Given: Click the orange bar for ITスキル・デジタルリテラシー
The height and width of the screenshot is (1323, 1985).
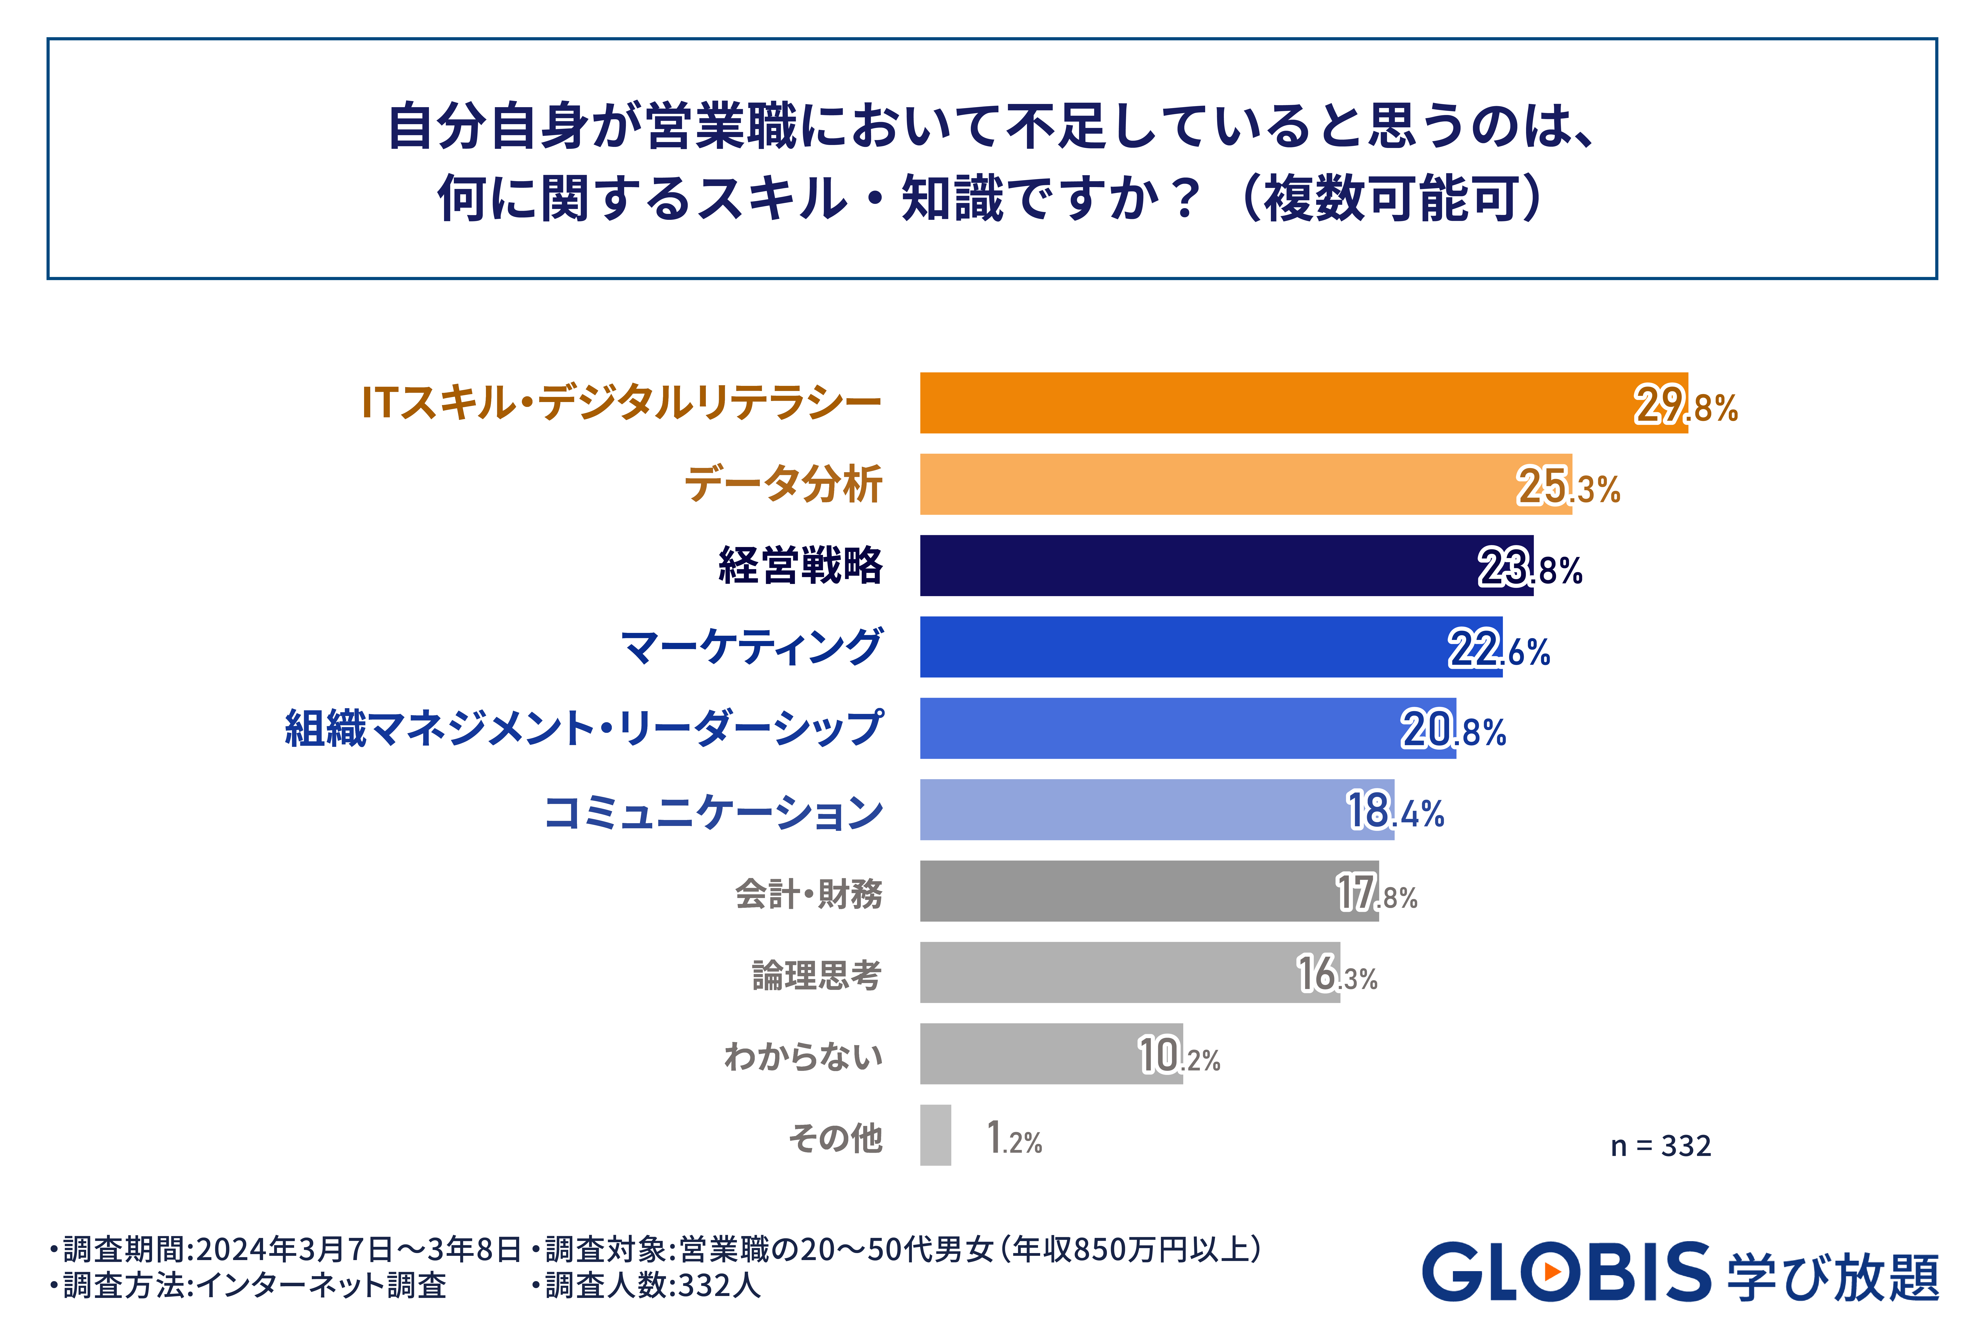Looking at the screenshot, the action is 1304,402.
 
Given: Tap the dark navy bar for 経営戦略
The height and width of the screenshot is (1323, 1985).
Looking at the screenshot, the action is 1226,565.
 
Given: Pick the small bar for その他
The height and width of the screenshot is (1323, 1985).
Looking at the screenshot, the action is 935,1135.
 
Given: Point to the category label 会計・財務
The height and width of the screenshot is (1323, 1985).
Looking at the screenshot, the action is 809,893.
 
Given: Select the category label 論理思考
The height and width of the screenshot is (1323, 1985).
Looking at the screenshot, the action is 817,975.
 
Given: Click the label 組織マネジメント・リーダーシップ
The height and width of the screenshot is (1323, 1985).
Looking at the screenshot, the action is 584,728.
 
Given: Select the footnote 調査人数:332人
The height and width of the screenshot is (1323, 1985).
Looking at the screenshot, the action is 647,1285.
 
